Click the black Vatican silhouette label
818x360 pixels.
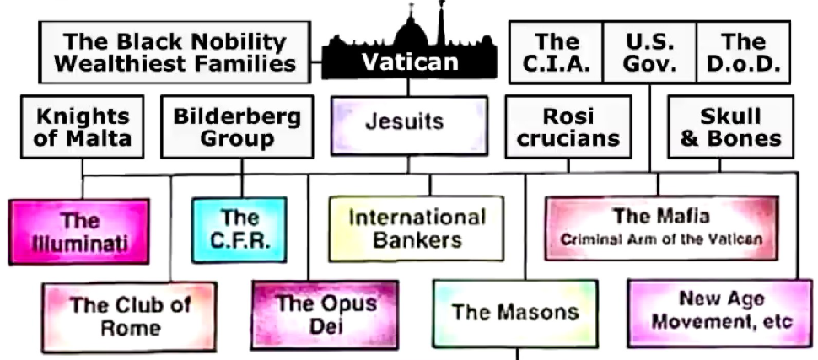pyautogui.click(x=409, y=60)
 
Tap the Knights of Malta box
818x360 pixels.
pyautogui.click(x=83, y=127)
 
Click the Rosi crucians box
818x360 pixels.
pyautogui.click(x=568, y=127)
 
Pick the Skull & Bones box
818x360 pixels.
pyautogui.click(x=730, y=127)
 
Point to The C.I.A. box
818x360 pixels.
pyautogui.click(x=556, y=52)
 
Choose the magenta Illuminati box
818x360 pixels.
pyautogui.click(x=80, y=232)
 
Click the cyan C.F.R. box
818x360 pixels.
pyautogui.click(x=239, y=229)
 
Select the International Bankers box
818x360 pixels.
pyautogui.click(x=417, y=228)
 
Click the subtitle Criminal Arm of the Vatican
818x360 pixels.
pyautogui.click(x=661, y=239)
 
